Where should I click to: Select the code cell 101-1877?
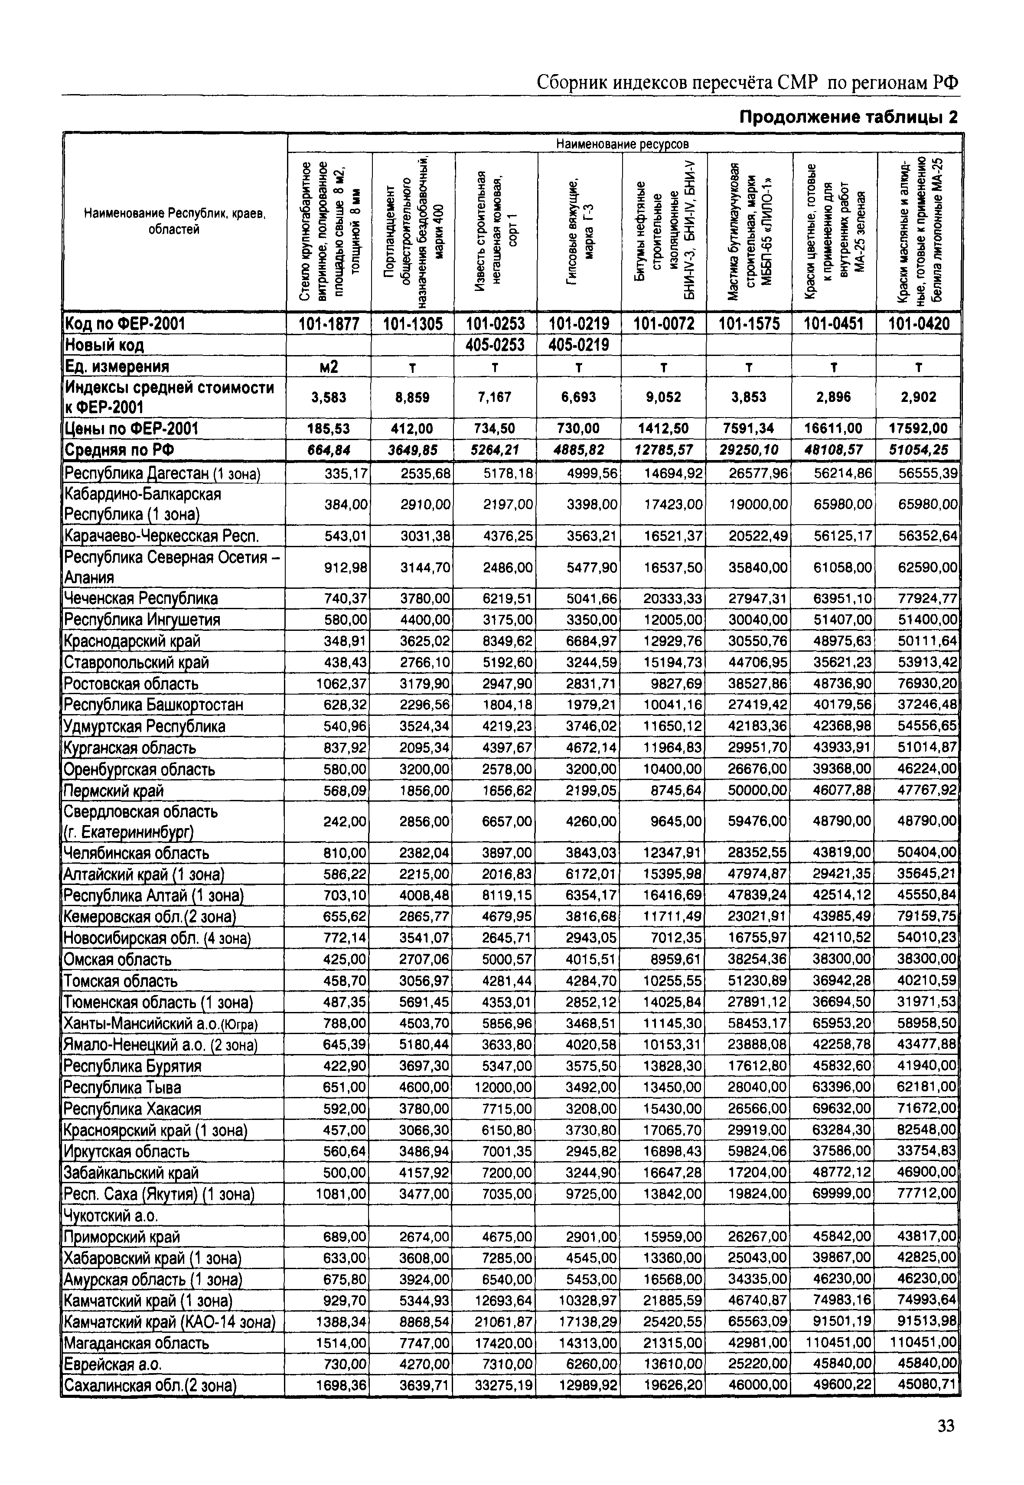point(329,324)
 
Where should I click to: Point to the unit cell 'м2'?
point(329,366)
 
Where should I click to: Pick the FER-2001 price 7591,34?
point(748,428)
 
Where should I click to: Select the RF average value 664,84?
point(329,450)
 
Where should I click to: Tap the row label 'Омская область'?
point(117,960)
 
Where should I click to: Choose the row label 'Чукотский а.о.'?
point(111,1215)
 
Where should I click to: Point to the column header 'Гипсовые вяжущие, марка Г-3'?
point(579,231)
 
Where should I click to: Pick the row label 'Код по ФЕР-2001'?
point(124,324)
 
